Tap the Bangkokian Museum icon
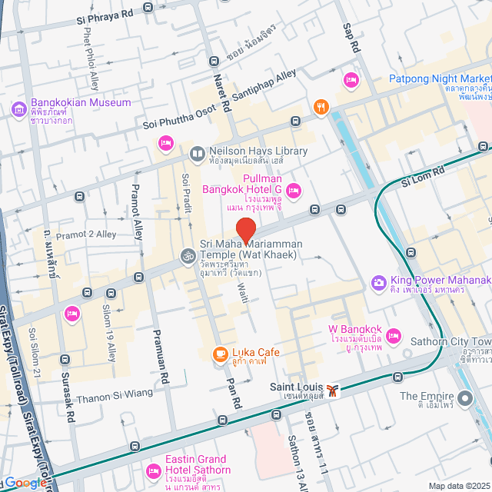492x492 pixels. [x=19, y=108]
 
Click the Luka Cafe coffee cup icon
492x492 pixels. [x=220, y=354]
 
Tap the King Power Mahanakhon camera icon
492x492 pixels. [x=378, y=283]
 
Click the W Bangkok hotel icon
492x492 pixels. [x=394, y=336]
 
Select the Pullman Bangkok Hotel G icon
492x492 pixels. [x=293, y=190]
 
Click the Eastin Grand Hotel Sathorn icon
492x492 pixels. [x=153, y=470]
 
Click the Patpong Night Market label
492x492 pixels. [x=440, y=78]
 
